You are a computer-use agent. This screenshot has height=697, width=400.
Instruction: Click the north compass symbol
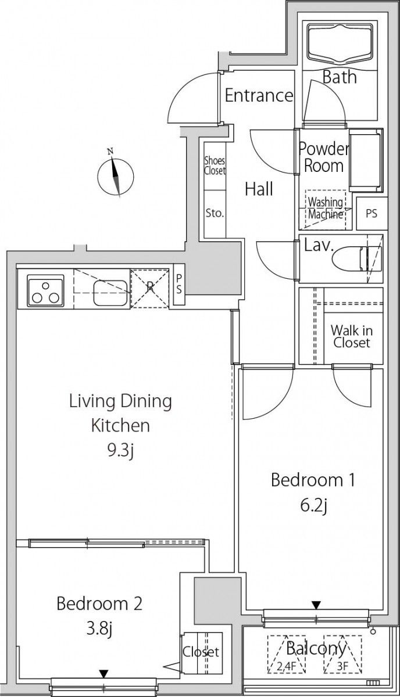tap(115, 175)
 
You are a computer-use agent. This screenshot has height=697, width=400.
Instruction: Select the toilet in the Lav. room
tap(357, 259)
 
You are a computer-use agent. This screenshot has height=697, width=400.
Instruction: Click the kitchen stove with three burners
tap(45, 290)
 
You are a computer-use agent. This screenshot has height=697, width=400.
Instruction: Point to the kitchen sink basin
tap(110, 293)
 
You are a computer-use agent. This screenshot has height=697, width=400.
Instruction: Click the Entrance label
tap(259, 95)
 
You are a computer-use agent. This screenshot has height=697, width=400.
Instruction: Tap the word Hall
tap(259, 189)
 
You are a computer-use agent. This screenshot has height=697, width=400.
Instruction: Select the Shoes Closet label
tap(215, 166)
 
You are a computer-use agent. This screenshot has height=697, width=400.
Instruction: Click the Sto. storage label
tap(215, 213)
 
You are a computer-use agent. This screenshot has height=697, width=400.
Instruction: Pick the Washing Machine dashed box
tap(326, 210)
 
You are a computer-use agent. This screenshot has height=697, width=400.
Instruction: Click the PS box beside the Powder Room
tap(372, 214)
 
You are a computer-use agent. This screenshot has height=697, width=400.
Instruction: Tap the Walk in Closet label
tap(352, 336)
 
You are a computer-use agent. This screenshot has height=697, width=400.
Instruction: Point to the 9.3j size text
tap(120, 450)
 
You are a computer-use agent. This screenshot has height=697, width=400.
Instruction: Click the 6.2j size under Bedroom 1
tap(313, 506)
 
